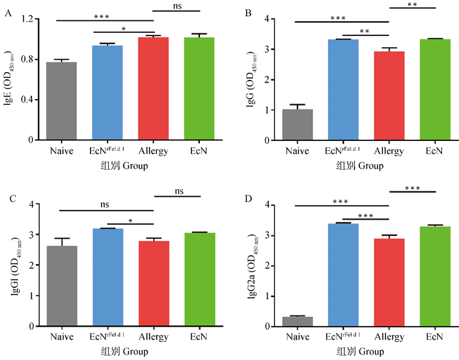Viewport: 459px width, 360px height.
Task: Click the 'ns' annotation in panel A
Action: click(177, 6)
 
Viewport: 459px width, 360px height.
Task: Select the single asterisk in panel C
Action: click(130, 220)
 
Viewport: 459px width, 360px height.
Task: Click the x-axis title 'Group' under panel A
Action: click(132, 167)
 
